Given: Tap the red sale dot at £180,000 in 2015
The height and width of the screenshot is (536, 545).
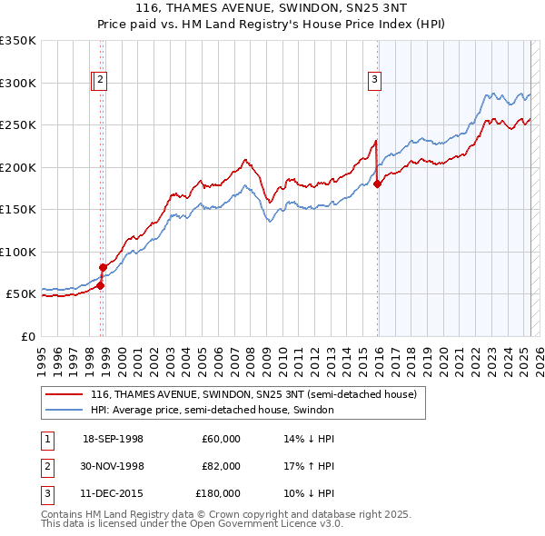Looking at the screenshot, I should tap(377, 184).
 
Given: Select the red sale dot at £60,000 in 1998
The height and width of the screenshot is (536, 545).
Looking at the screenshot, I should tap(101, 285).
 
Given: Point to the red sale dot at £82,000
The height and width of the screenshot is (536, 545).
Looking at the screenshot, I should tap(104, 267).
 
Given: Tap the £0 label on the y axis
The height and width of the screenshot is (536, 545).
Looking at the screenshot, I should tap(26, 336).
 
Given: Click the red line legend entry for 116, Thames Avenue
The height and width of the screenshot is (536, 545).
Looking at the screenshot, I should tap(253, 395).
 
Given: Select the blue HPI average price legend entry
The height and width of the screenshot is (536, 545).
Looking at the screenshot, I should tap(213, 410).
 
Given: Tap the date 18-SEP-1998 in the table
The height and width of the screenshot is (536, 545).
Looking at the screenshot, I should tap(113, 439).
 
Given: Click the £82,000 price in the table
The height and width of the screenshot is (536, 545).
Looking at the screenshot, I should tap(221, 466).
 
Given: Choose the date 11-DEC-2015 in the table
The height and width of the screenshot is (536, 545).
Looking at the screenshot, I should tap(113, 493).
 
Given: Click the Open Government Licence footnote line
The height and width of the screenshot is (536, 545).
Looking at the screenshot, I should tap(191, 523).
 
